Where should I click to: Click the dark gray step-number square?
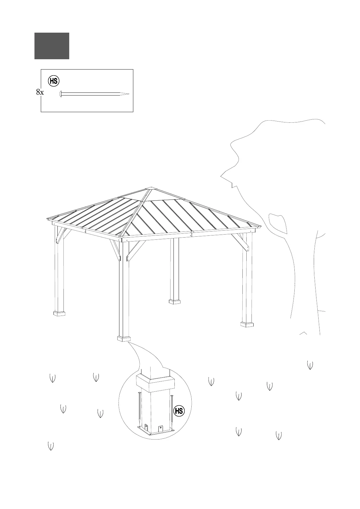click(52, 46)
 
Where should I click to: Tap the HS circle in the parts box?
click(54, 81)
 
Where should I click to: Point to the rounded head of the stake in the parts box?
click(60, 94)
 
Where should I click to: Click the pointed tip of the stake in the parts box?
click(128, 94)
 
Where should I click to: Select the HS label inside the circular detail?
click(179, 411)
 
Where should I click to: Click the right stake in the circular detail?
click(172, 413)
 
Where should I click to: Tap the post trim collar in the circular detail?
click(155, 382)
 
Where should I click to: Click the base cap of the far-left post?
click(59, 313)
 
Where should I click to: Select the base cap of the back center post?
click(174, 301)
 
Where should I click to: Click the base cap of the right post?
click(247, 324)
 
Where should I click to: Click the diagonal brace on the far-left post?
click(63, 235)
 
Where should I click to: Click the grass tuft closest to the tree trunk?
click(310, 365)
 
